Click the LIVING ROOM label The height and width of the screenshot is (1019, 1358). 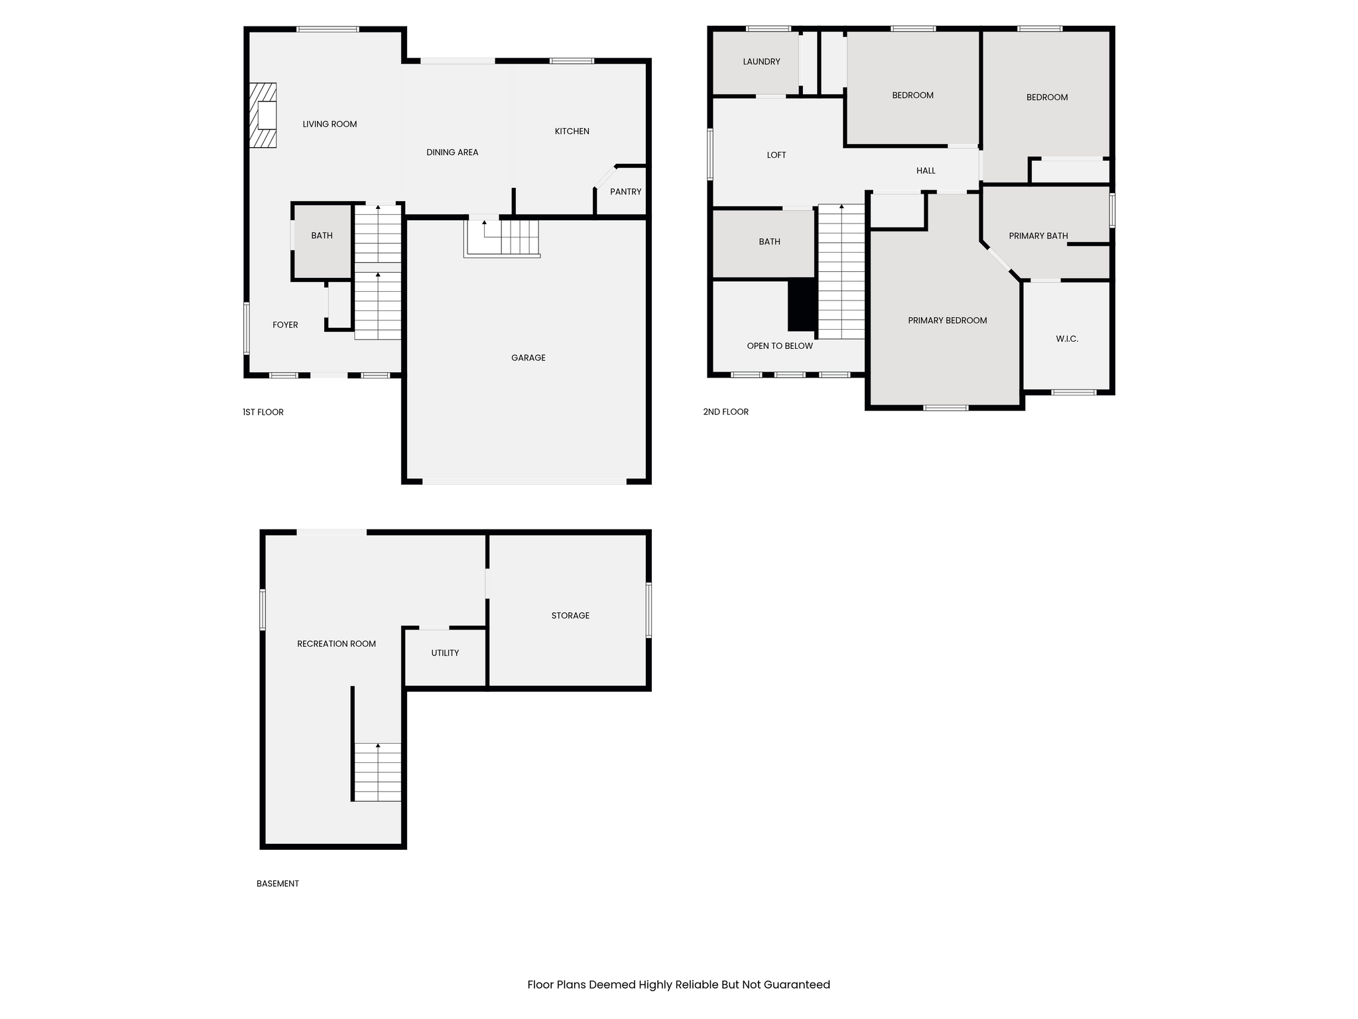tap(330, 124)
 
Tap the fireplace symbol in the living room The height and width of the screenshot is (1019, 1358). tap(263, 115)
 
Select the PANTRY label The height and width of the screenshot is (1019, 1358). tap(625, 192)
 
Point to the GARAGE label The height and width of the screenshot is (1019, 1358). tap(528, 358)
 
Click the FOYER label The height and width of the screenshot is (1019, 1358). tap(285, 324)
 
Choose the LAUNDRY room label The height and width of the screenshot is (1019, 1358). tap(761, 62)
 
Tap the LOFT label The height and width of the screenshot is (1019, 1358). tap(776, 155)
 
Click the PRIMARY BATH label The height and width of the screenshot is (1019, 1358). tap(1038, 236)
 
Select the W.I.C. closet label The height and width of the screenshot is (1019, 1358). tap(1067, 339)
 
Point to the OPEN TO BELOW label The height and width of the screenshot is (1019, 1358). tap(780, 346)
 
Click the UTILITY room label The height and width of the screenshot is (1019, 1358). tap(445, 653)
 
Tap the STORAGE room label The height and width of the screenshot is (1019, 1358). tap(570, 616)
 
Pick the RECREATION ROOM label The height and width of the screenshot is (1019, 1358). tap(336, 644)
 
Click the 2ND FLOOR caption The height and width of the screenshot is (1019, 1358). tap(725, 412)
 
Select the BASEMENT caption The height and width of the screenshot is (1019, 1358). tap(278, 884)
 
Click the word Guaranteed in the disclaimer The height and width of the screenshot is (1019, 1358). tap(796, 985)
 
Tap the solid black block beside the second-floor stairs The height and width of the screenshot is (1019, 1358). tap(802, 305)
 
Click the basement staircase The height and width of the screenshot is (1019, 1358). tap(377, 772)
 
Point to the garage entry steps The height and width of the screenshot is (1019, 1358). tap(502, 238)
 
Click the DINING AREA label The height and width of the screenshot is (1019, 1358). tap(452, 153)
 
